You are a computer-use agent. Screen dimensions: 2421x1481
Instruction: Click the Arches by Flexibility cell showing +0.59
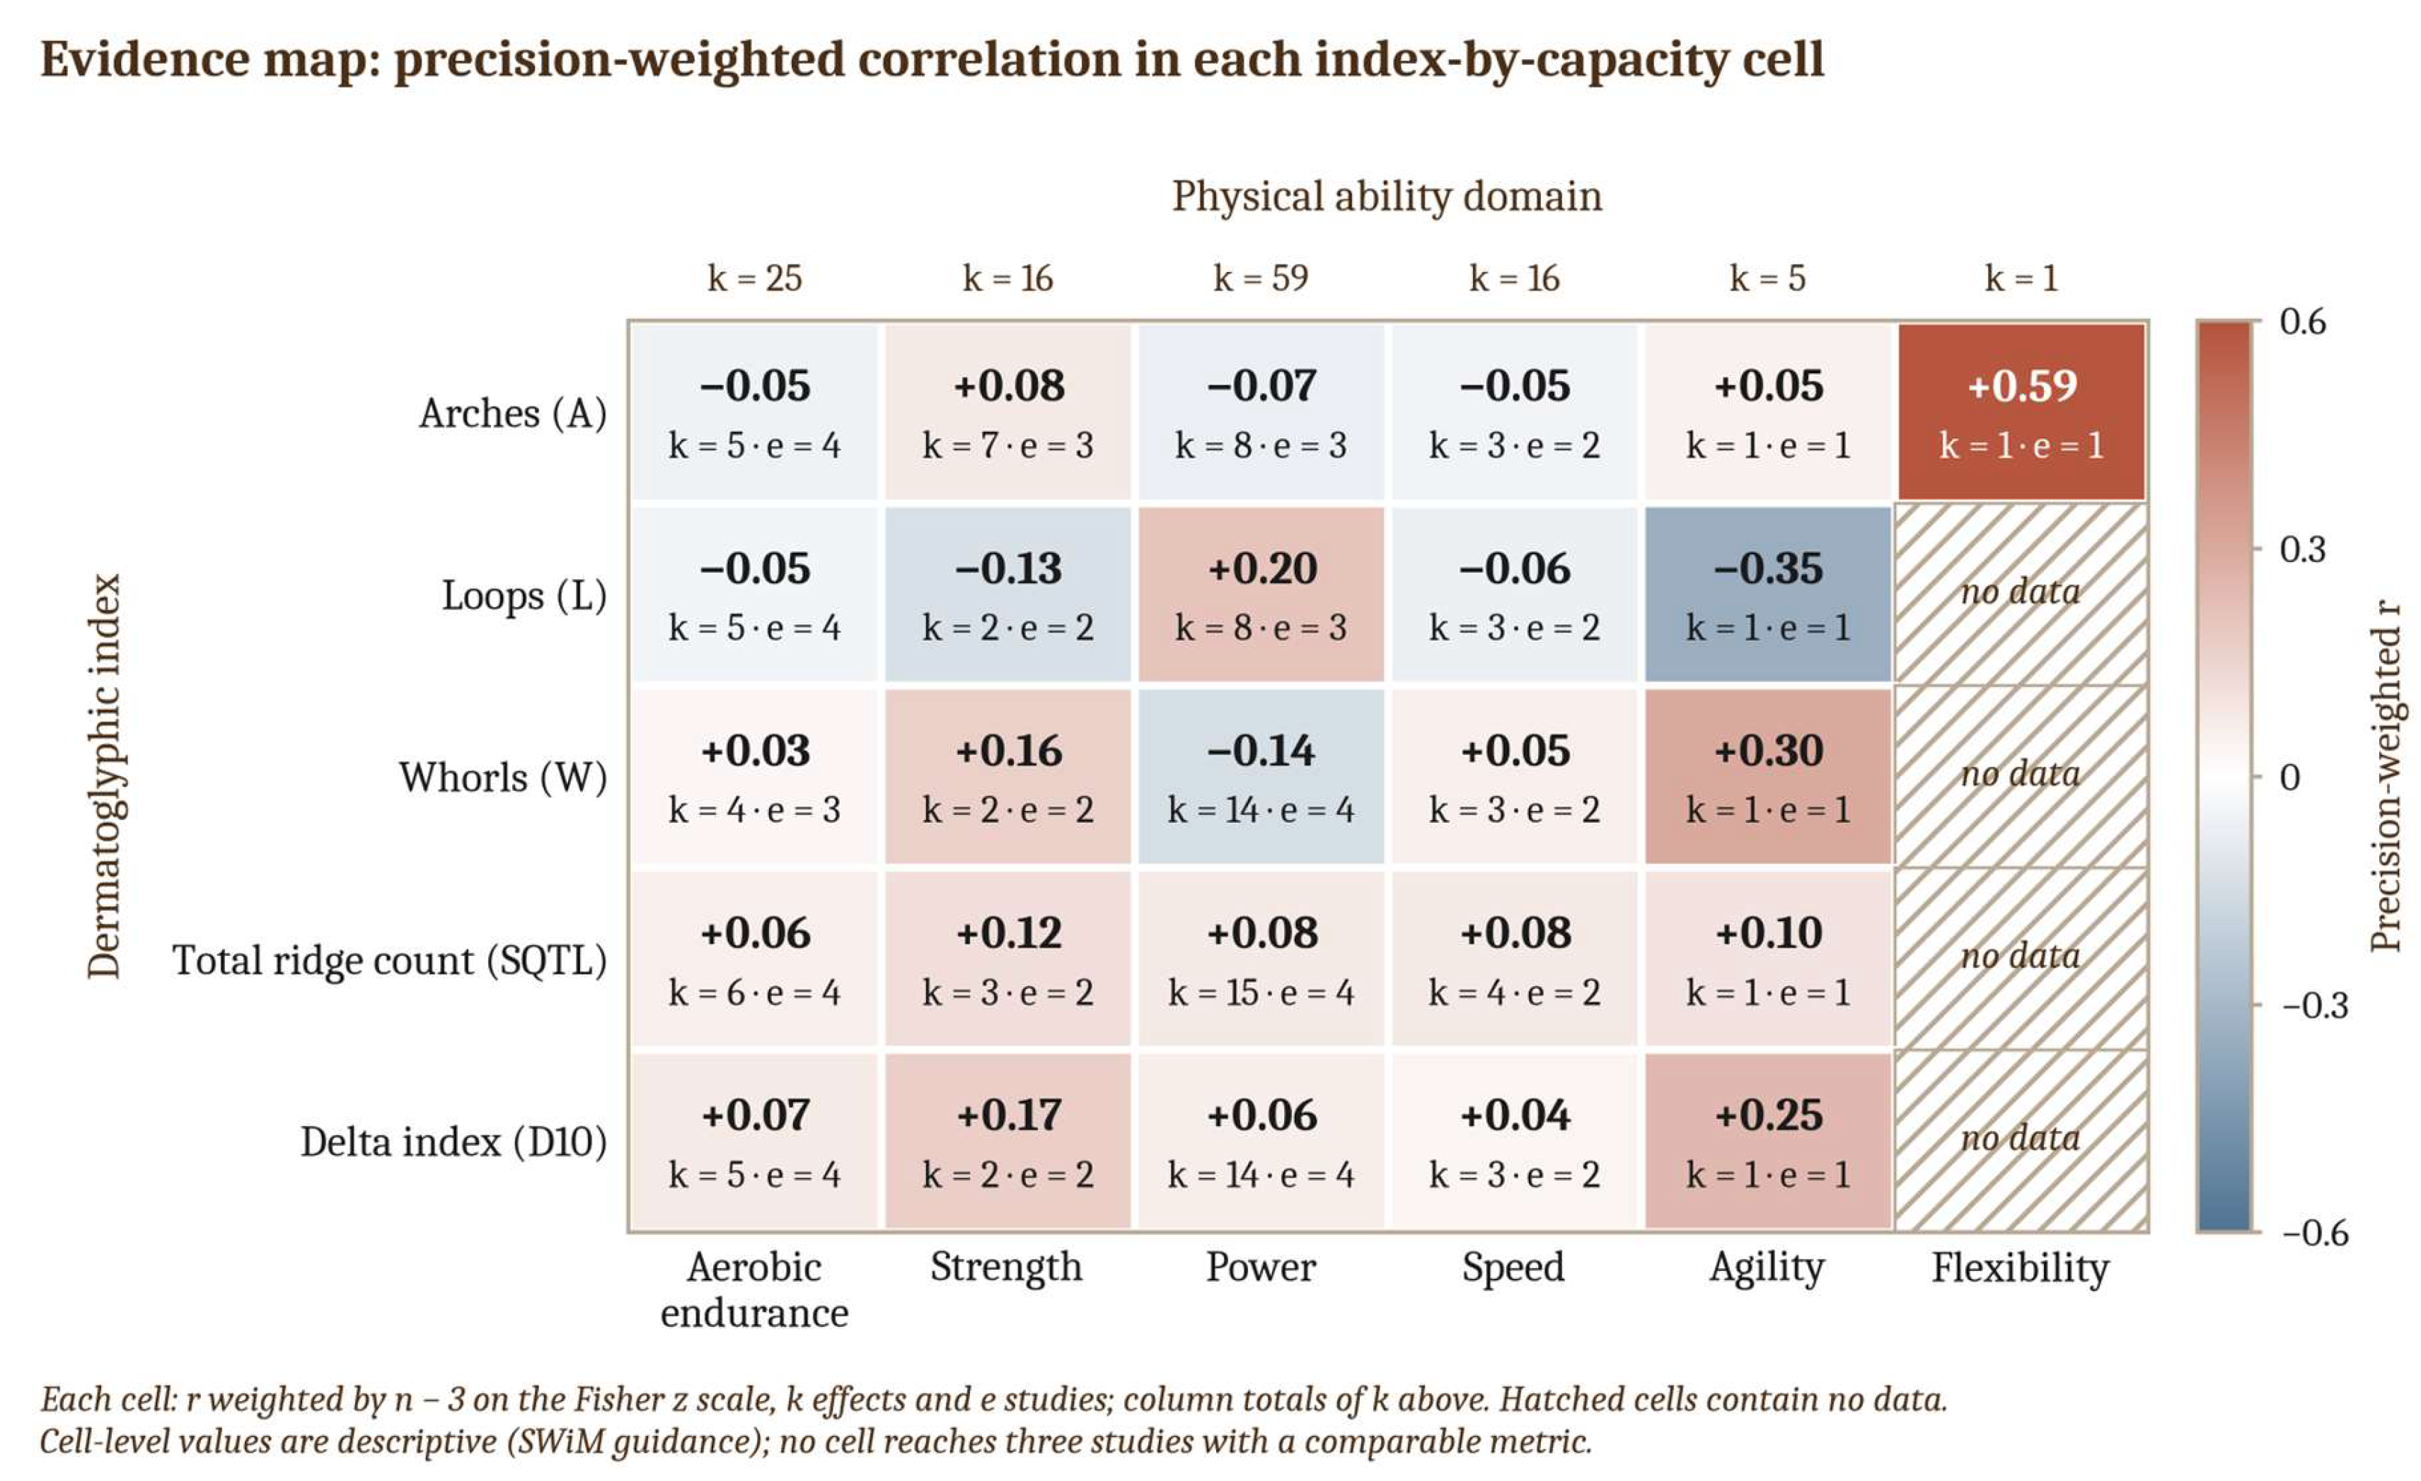tap(2021, 412)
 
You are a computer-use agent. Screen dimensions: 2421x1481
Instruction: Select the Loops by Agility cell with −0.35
tap(1767, 595)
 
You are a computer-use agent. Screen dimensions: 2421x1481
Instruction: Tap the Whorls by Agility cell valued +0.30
tap(1767, 777)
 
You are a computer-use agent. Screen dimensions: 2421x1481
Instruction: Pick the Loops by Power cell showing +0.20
tap(1261, 595)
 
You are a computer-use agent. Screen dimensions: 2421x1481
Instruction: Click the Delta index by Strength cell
tap(1007, 1141)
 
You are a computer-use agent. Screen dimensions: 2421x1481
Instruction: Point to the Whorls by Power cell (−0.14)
tap(1261, 777)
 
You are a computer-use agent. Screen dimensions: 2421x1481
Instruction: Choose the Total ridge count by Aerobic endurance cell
tap(755, 959)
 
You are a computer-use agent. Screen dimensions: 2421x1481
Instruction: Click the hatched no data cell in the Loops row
tap(2021, 595)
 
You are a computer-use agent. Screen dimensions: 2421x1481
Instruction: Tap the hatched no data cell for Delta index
tap(2021, 1141)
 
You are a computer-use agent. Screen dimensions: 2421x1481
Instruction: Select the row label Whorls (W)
tap(503, 778)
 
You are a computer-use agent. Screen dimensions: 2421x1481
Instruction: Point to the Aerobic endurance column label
tap(755, 1289)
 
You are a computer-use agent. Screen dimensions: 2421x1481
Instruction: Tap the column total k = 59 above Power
tap(1261, 278)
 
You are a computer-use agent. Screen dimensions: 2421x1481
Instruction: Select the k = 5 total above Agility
tap(1767, 278)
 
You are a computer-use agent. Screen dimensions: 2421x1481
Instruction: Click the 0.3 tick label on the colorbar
tap(2303, 549)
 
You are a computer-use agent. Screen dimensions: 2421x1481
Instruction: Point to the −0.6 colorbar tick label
tap(2315, 1233)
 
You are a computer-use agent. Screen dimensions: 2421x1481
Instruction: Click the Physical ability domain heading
tap(1387, 197)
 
